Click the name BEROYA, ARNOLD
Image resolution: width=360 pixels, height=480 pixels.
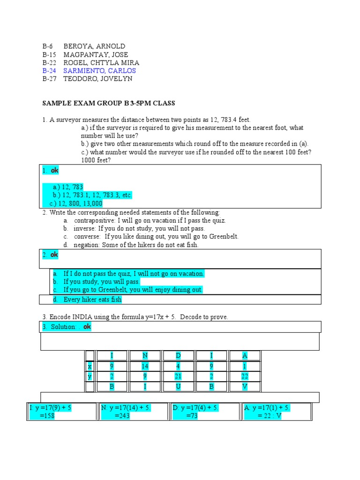(94, 46)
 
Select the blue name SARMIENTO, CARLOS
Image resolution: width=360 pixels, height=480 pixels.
(99, 71)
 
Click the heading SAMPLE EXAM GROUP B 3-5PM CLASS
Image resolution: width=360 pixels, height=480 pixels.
(109, 103)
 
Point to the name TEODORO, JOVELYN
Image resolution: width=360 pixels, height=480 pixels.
(97, 79)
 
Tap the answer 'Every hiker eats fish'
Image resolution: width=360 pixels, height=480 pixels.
(92, 300)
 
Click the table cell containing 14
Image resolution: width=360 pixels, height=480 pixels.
(145, 366)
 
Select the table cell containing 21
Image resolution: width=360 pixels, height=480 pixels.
(178, 376)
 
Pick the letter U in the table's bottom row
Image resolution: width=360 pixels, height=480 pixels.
(178, 387)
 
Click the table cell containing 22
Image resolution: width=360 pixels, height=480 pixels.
(244, 376)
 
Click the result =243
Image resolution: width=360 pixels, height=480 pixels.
(122, 416)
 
